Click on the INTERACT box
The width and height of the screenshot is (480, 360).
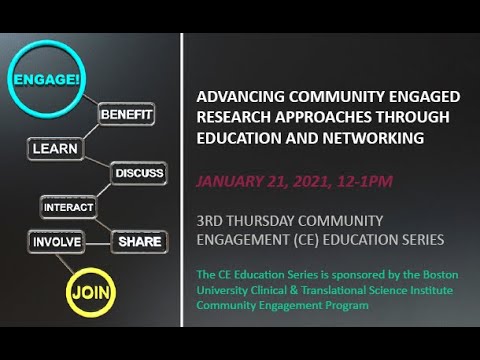tap(67, 207)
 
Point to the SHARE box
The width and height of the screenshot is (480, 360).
tap(139, 241)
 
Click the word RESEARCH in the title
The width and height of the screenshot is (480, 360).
tap(236, 116)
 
